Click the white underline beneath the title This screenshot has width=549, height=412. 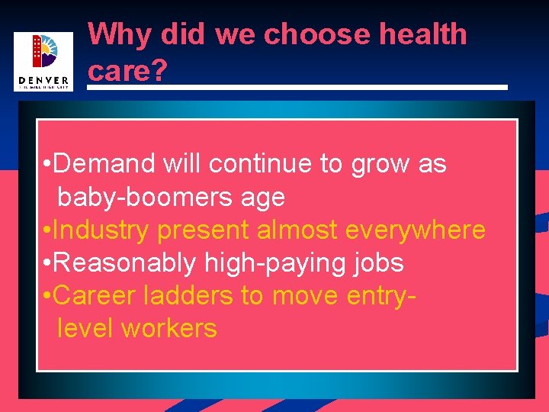[x=297, y=87]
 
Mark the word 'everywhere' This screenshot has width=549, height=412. [x=416, y=230]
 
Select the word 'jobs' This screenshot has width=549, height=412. [x=378, y=263]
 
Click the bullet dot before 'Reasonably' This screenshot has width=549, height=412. [x=47, y=263]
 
